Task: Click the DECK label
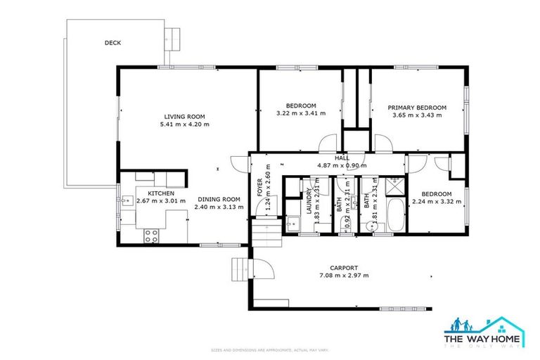(x=112, y=43)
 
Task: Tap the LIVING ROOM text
(x=184, y=117)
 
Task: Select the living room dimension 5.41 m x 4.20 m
(x=184, y=124)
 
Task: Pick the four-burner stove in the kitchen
(x=151, y=236)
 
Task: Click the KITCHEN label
(x=160, y=193)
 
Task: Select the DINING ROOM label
(x=218, y=199)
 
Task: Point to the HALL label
(x=342, y=158)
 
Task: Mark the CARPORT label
(x=345, y=268)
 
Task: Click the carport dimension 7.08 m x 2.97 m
(x=345, y=276)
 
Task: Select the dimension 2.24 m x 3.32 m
(x=436, y=201)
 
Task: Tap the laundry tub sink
(x=292, y=226)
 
